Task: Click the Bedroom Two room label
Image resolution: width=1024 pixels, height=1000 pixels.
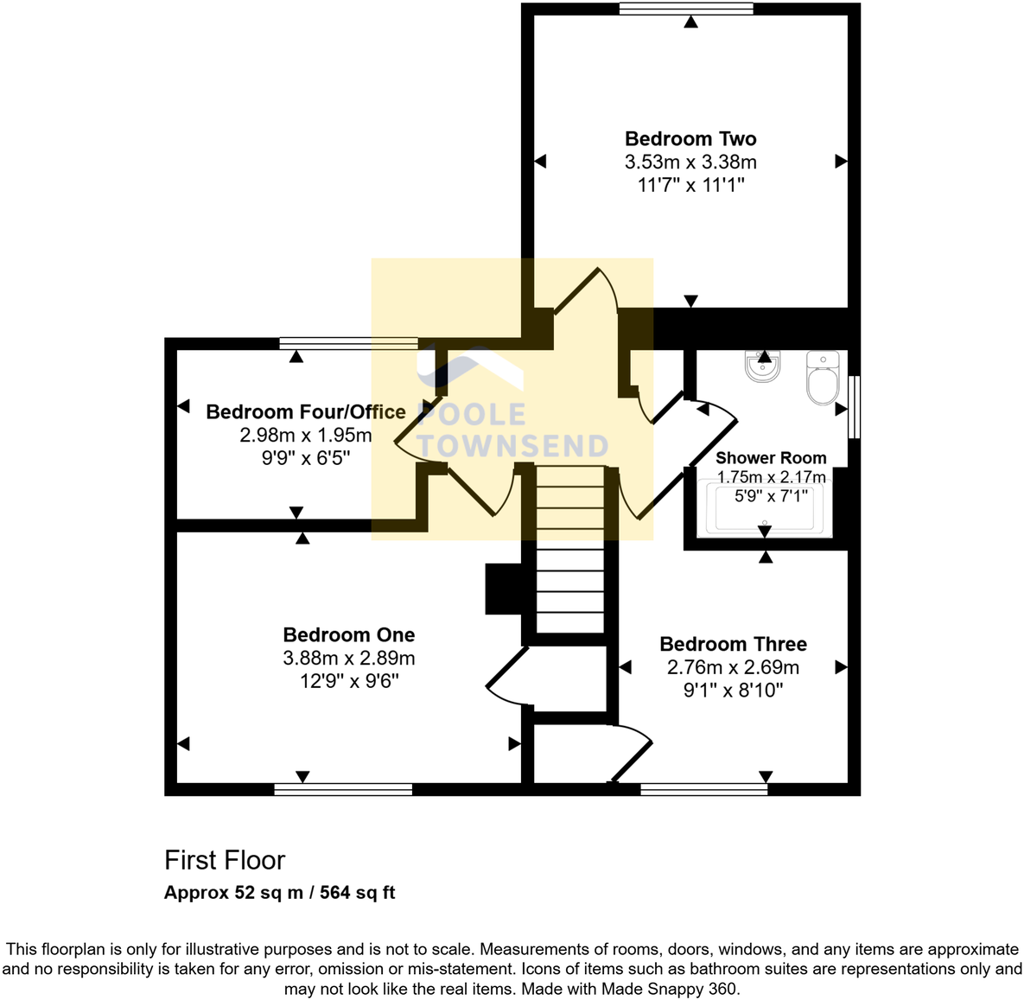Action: coord(690,139)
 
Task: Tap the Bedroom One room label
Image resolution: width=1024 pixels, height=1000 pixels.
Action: coord(349,635)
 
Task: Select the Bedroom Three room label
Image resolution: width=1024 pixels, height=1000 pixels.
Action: coord(733,644)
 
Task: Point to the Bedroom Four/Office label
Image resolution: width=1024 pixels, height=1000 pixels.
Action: coord(305,412)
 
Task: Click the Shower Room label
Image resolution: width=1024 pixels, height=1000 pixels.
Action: coord(771,458)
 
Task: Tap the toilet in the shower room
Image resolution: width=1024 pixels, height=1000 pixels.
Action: coord(822,378)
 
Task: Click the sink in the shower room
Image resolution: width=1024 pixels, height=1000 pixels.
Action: coord(763,366)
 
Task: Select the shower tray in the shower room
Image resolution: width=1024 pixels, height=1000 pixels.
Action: coord(765,509)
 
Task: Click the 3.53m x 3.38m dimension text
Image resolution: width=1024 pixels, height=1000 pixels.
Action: coord(690,162)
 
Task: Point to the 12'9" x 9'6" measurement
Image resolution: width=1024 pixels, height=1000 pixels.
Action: coord(349,681)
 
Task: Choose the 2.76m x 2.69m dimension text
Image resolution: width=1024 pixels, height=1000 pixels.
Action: coord(733,667)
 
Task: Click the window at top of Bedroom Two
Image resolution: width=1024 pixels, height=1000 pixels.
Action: coord(686,10)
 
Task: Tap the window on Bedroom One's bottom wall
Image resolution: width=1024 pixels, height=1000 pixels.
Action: coord(343,789)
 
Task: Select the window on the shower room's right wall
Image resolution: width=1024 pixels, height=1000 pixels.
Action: coord(854,406)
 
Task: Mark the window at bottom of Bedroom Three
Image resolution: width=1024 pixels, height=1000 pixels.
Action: coord(703,789)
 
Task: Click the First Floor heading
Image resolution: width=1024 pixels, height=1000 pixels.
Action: coord(225,860)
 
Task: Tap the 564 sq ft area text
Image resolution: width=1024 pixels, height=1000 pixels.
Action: coord(357,893)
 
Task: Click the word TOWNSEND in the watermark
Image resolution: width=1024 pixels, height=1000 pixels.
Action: coord(513,446)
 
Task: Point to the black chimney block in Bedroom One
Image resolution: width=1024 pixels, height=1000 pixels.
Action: coord(504,589)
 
